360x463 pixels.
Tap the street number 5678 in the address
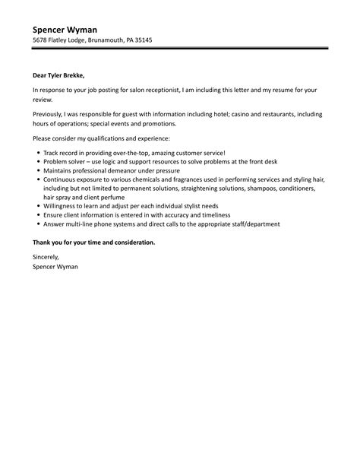[41, 40]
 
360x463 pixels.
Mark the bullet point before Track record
[37, 153]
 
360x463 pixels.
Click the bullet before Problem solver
[37, 162]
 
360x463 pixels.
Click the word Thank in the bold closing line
[42, 242]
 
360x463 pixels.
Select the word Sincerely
[47, 257]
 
